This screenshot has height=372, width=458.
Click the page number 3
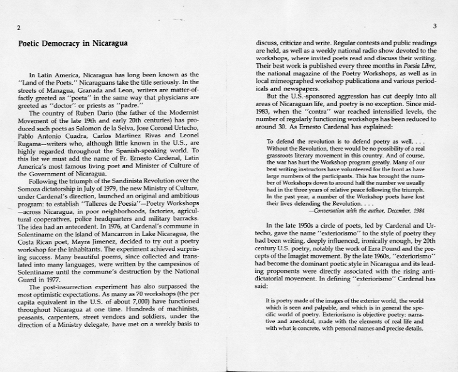click(x=435, y=26)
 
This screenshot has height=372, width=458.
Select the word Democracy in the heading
click(x=68, y=43)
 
